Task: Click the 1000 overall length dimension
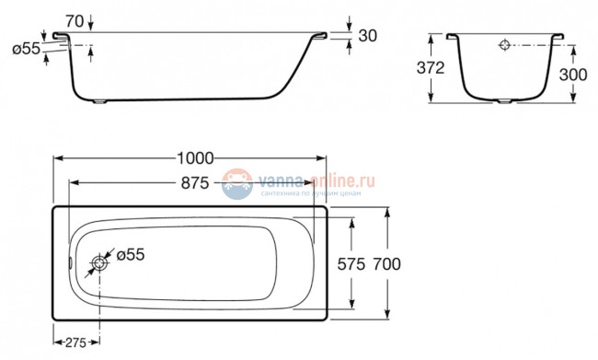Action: click(x=195, y=158)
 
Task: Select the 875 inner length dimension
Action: click(x=195, y=183)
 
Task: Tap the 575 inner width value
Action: click(x=351, y=264)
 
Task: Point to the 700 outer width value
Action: click(x=386, y=264)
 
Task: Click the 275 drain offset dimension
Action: click(x=75, y=343)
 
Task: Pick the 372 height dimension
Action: click(x=431, y=67)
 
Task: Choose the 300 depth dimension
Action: click(x=573, y=75)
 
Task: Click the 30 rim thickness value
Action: click(x=368, y=36)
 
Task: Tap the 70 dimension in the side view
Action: click(x=75, y=21)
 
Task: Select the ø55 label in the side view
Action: click(x=27, y=49)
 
